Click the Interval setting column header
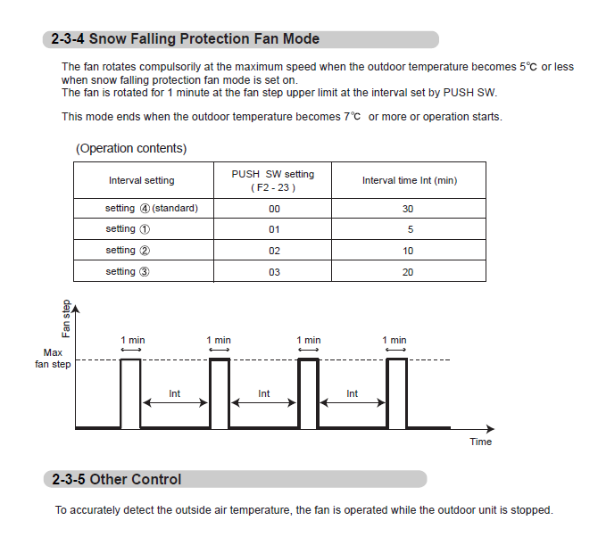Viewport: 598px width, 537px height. tap(142, 180)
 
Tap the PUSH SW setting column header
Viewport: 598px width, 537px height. tap(272, 180)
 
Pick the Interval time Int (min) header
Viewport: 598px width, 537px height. tap(409, 180)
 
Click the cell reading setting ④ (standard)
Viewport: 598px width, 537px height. tap(152, 209)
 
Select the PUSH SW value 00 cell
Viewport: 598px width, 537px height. tap(274, 209)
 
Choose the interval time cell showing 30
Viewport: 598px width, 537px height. tap(408, 209)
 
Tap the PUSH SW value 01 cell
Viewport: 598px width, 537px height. tap(274, 229)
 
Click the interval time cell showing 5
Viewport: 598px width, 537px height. tap(409, 229)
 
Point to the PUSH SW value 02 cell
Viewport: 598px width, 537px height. tap(274, 251)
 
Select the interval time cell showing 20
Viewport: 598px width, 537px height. tap(408, 272)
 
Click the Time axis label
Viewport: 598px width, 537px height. tap(480, 442)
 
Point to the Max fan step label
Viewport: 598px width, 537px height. tap(53, 359)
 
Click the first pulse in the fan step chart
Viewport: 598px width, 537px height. tap(130, 392)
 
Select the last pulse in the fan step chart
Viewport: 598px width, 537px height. tap(396, 392)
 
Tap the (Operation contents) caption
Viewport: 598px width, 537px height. tap(131, 148)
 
